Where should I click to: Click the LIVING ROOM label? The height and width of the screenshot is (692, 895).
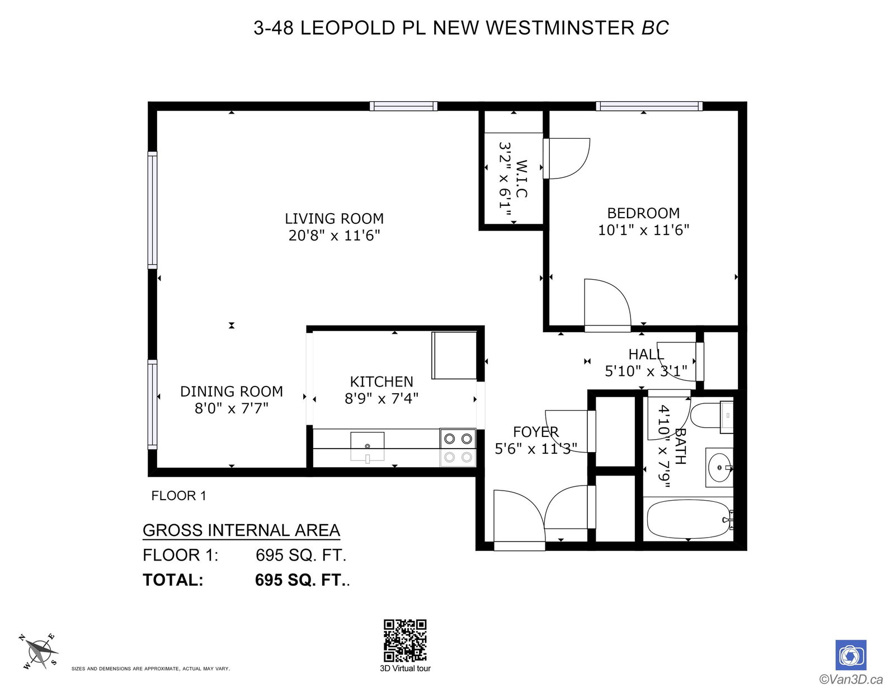pyautogui.click(x=334, y=218)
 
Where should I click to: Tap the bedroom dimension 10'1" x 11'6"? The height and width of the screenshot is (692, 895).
pyautogui.click(x=643, y=230)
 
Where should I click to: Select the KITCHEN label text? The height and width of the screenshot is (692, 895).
pyautogui.click(x=381, y=382)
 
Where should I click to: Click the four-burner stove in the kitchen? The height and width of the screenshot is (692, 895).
pyautogui.click(x=458, y=448)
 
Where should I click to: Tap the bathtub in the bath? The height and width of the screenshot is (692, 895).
pyautogui.click(x=689, y=519)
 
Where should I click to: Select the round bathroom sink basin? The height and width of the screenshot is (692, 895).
pyautogui.click(x=719, y=468)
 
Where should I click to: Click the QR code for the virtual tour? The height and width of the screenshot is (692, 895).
pyautogui.click(x=405, y=641)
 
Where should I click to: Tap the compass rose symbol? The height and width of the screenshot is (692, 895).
pyautogui.click(x=39, y=652)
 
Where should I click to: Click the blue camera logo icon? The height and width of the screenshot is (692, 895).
pyautogui.click(x=851, y=655)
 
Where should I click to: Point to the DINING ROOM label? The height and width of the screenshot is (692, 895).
pyautogui.click(x=232, y=391)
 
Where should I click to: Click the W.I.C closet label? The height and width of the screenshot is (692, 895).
pyautogui.click(x=521, y=178)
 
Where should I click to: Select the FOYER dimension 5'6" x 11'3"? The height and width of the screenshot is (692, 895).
pyautogui.click(x=536, y=449)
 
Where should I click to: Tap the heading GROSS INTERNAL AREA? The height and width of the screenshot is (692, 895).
pyautogui.click(x=241, y=530)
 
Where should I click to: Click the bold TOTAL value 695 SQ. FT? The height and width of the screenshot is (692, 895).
pyautogui.click(x=302, y=580)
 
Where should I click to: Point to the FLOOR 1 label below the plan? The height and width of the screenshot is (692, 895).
pyautogui.click(x=179, y=496)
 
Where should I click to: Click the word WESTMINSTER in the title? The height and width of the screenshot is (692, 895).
pyautogui.click(x=560, y=28)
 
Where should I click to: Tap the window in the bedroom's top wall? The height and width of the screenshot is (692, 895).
pyautogui.click(x=649, y=106)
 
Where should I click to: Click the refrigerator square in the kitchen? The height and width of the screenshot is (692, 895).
pyautogui.click(x=454, y=355)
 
